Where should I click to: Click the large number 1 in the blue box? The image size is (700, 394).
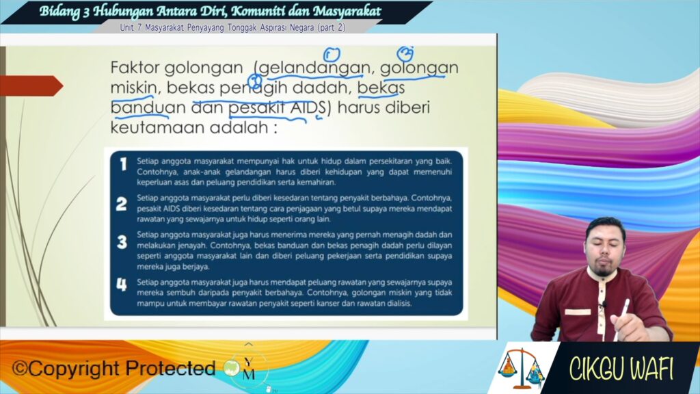click(x=123, y=164)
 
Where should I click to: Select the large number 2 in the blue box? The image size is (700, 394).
click(x=122, y=204)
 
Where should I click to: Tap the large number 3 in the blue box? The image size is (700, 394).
click(x=122, y=242)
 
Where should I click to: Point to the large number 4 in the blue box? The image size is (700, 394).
click(x=122, y=285)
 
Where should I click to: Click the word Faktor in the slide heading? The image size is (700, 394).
click(x=135, y=68)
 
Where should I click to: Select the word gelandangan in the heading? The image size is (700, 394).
click(x=314, y=68)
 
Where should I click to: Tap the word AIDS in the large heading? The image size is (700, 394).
click(x=308, y=107)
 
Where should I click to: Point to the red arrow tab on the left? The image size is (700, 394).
click(x=31, y=86)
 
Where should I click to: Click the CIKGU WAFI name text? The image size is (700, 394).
click(x=621, y=369)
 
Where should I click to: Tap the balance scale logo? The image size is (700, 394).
click(x=521, y=368)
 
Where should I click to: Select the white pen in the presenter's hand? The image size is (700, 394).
click(x=622, y=318)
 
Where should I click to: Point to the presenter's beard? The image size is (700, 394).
click(x=603, y=270)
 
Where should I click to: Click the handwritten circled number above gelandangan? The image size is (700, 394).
click(x=332, y=55)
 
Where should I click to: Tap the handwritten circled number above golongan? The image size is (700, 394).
click(x=405, y=53)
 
